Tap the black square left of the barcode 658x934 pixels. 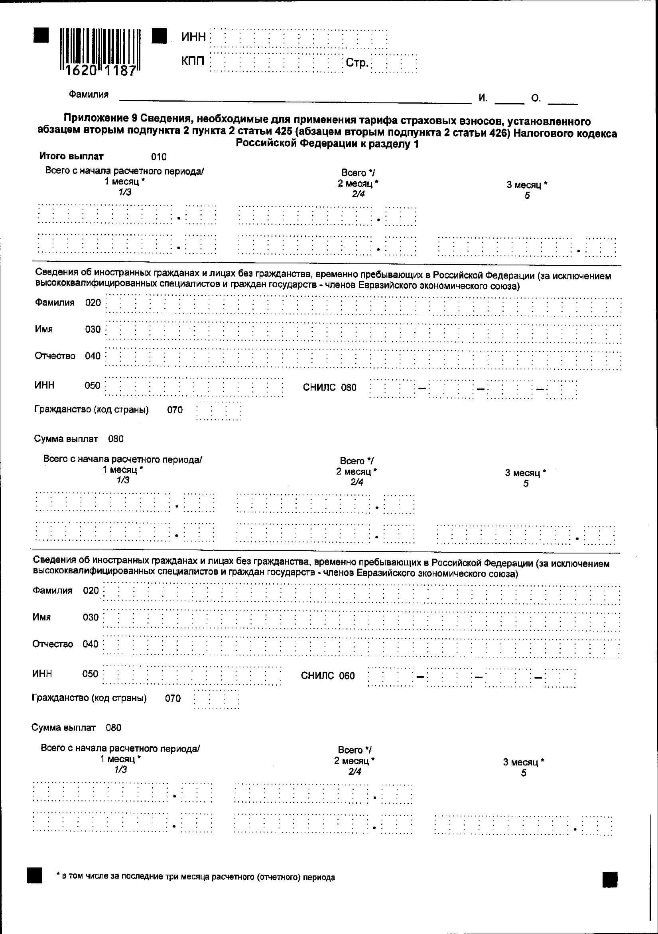[x=41, y=35]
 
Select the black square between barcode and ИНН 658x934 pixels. [x=159, y=36]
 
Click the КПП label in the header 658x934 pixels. [x=193, y=61]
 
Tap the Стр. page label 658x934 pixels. [x=357, y=63]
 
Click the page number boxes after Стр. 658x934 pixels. [x=394, y=63]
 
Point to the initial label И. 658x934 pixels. [x=483, y=98]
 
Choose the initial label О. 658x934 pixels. [x=536, y=98]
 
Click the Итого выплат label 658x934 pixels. [x=71, y=156]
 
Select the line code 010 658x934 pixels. [x=159, y=157]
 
